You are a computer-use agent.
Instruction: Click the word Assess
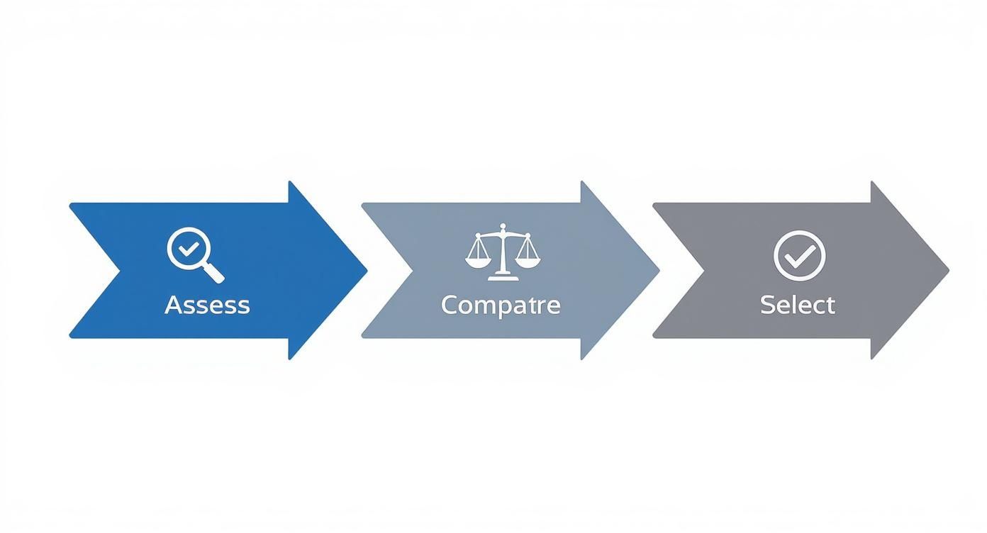click(207, 305)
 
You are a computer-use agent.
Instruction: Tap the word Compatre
click(501, 305)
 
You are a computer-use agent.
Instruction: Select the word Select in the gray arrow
click(798, 305)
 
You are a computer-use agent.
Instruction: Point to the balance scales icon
click(502, 249)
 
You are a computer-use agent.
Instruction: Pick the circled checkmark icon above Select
click(800, 254)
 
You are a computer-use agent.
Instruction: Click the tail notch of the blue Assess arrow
click(118, 270)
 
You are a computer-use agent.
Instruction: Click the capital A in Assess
click(172, 305)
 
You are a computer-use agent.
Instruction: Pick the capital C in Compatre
click(449, 305)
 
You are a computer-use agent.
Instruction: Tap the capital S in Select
click(766, 305)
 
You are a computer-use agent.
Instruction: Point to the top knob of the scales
click(502, 228)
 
